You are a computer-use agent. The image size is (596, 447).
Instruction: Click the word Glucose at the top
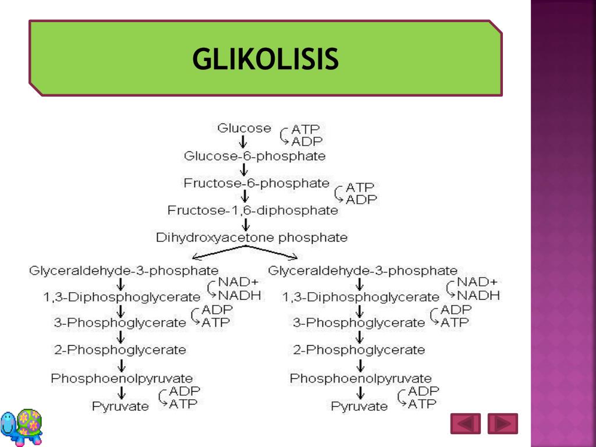(244, 128)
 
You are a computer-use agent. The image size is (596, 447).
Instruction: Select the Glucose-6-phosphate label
(255, 156)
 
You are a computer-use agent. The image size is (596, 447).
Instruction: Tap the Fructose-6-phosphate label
(257, 183)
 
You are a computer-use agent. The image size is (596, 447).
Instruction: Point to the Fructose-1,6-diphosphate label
(253, 210)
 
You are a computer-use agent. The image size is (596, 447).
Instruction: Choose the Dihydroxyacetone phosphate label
(251, 237)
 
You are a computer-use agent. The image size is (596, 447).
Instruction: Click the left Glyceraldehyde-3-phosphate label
(124, 271)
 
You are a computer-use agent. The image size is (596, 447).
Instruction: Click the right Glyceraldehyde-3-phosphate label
(363, 271)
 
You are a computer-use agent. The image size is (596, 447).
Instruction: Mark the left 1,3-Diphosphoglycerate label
(122, 297)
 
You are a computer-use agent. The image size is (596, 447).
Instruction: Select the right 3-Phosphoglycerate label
(359, 322)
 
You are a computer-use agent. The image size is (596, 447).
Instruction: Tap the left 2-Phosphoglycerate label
(120, 350)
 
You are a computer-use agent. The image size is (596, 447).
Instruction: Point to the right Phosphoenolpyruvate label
(361, 379)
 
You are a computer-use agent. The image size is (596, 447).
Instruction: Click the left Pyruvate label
(120, 406)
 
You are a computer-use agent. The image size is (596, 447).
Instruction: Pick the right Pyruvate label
(359, 406)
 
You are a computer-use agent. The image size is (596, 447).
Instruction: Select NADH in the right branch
(478, 295)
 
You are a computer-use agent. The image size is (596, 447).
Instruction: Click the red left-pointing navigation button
(465, 423)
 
